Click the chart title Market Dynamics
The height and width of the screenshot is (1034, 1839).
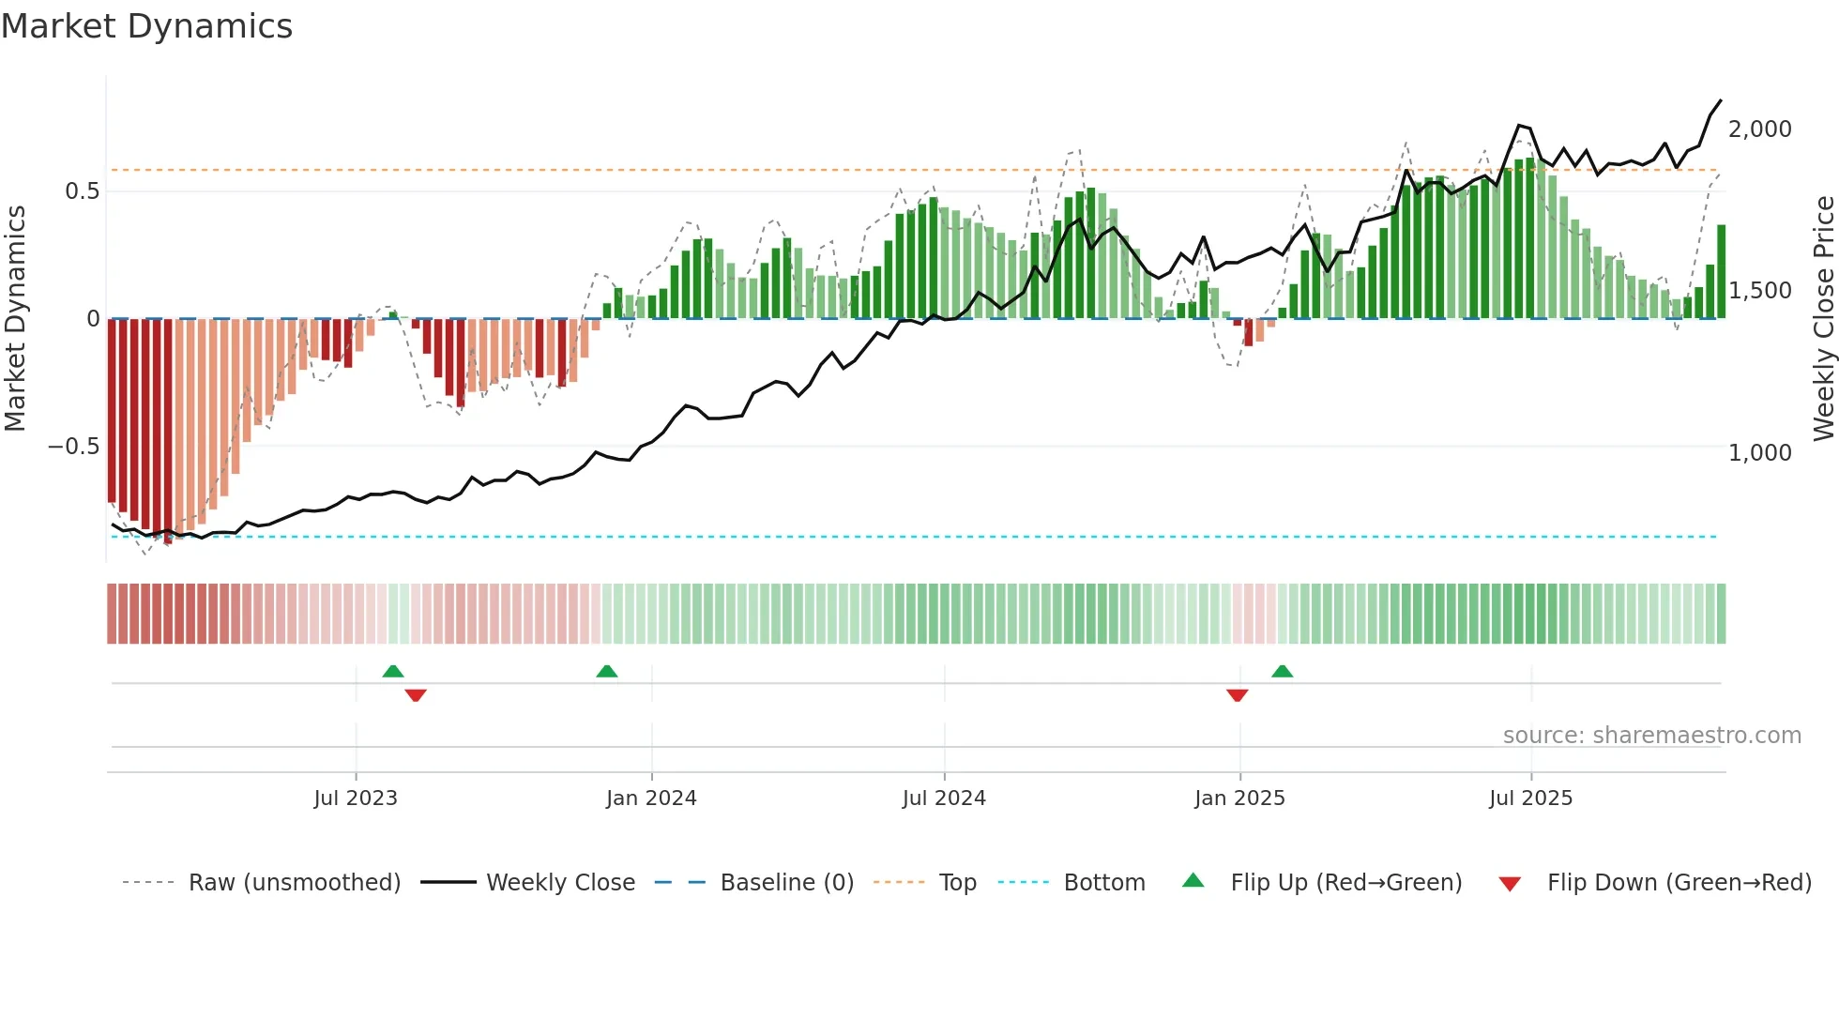click(x=147, y=26)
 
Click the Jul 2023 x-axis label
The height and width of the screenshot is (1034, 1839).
click(x=356, y=798)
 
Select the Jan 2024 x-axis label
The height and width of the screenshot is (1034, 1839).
click(x=651, y=798)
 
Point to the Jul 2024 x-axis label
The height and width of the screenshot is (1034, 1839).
click(x=944, y=798)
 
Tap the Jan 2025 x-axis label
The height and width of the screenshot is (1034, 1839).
click(x=1239, y=798)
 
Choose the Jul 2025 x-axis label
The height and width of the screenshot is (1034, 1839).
click(x=1530, y=798)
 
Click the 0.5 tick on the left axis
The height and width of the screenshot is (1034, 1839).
click(x=82, y=191)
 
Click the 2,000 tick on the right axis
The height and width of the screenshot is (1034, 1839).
click(x=1759, y=129)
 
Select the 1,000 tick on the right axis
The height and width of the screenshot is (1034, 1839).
click(x=1759, y=453)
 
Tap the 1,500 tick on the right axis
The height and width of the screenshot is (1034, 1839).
click(x=1759, y=291)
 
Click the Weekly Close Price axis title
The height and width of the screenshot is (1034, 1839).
click(x=1823, y=319)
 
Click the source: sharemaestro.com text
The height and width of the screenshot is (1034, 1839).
click(x=1651, y=736)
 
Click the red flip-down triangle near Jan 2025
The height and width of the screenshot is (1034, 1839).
click(x=1237, y=695)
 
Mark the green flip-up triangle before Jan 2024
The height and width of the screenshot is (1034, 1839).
click(x=607, y=671)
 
